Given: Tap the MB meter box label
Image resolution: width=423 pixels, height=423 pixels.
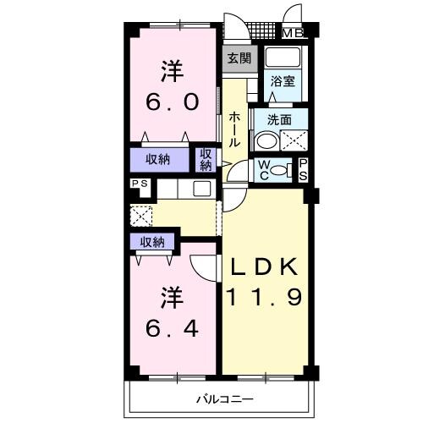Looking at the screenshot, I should point(293,34).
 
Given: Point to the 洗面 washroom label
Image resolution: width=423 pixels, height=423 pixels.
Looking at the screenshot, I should point(279,120).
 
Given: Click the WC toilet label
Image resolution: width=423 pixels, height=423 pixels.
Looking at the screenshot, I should point(264,170).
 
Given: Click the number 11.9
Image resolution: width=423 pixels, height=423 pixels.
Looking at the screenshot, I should point(263,298).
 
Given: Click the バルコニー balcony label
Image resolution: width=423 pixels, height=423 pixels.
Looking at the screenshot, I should point(225,398).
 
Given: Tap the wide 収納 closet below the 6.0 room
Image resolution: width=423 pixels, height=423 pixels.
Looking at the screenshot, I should point(157,159).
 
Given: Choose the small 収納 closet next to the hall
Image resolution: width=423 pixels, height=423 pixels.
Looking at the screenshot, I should point(206,160).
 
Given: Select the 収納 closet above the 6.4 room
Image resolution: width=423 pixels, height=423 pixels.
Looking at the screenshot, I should point(152,243).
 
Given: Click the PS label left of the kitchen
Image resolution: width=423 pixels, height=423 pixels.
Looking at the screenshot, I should point(138,184).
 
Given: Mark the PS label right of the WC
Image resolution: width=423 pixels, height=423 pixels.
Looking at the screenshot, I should point(302,169).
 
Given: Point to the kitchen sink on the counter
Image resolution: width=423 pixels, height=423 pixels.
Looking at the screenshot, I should point(202,189).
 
